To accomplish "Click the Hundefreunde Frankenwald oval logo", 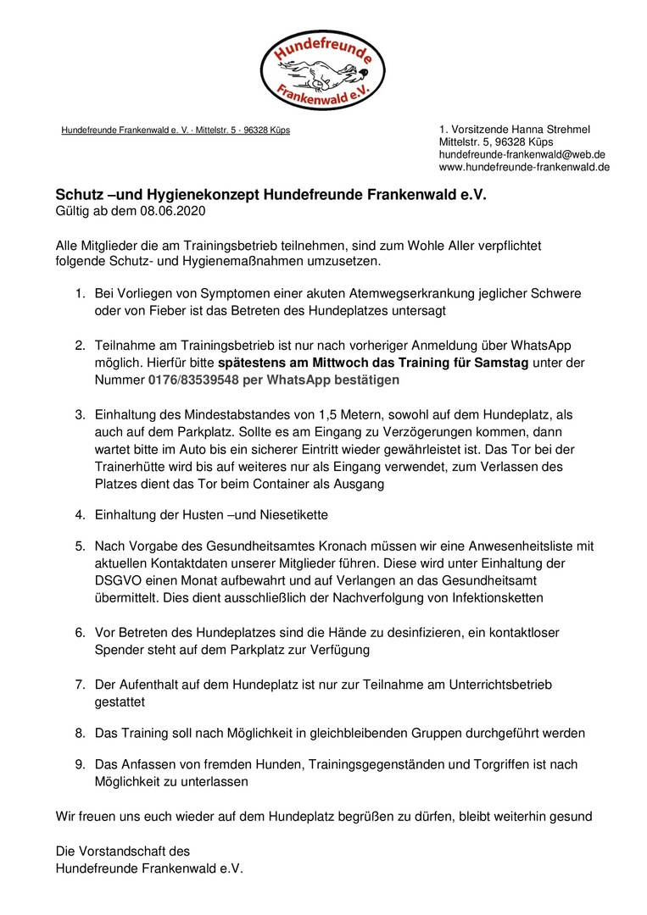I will click(x=323, y=70).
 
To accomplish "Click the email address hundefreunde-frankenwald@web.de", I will click(x=522, y=154).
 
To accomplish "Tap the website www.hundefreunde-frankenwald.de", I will click(x=524, y=167).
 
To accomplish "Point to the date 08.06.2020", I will click(x=174, y=210).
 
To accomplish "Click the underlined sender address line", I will click(x=176, y=130).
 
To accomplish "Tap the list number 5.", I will click(x=80, y=546).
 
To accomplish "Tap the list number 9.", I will click(x=80, y=764).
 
